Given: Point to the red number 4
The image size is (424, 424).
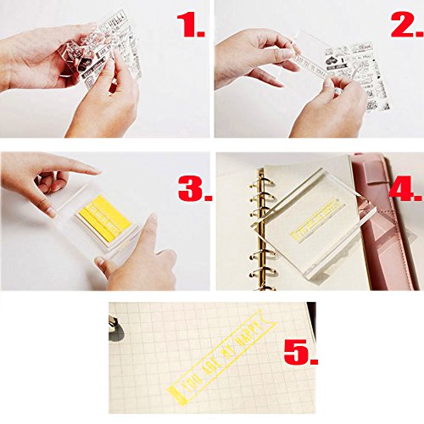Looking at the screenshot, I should click(403, 183).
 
